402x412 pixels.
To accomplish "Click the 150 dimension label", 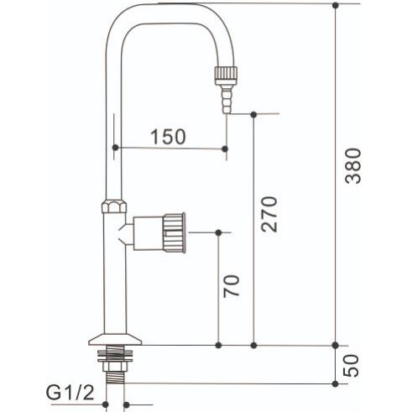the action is (x=168, y=137).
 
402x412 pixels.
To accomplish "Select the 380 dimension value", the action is (x=353, y=166).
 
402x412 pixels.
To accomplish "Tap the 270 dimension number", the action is (x=269, y=214).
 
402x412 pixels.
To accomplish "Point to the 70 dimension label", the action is (x=232, y=285).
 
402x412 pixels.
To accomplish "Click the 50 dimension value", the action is (x=351, y=366).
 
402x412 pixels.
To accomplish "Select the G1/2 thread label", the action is (x=70, y=393).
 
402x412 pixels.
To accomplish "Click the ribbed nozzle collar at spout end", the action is (x=226, y=75).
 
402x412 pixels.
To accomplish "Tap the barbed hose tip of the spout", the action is (x=227, y=99).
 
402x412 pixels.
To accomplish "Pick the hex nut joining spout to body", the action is (x=114, y=206).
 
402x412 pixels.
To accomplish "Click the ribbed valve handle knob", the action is (x=175, y=232).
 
